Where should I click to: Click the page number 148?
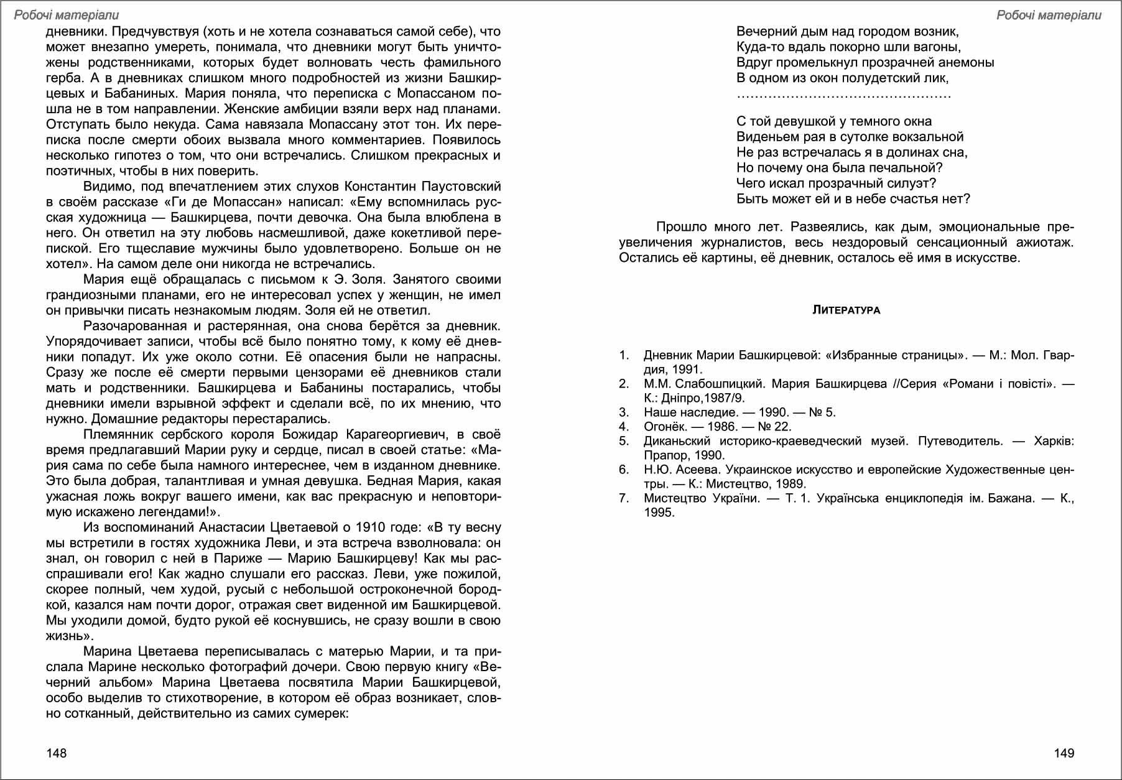(56, 753)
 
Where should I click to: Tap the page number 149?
(1064, 753)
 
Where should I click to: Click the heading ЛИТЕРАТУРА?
(846, 310)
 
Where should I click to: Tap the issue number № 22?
(774, 427)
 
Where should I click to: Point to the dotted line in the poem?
(843, 96)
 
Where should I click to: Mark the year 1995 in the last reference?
(659, 513)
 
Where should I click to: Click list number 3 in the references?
(623, 412)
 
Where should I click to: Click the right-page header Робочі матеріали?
(1049, 15)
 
